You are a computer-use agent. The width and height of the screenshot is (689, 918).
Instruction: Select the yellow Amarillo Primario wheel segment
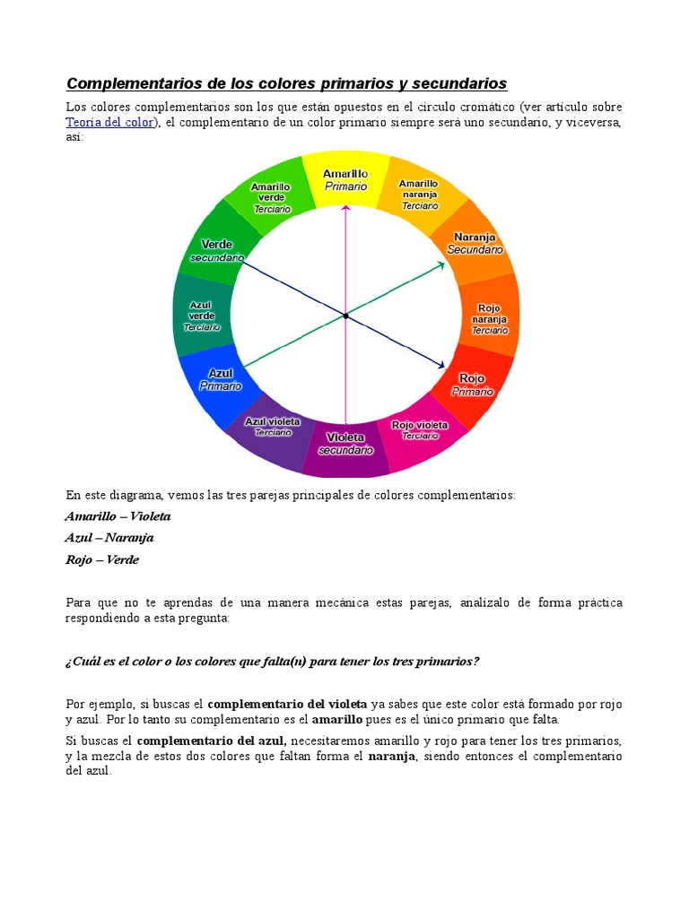coord(345,179)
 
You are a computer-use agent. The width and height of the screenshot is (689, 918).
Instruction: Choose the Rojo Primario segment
coord(472,384)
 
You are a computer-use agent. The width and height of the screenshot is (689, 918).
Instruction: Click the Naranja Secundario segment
coord(475,244)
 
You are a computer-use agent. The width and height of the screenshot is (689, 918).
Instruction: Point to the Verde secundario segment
coord(215,248)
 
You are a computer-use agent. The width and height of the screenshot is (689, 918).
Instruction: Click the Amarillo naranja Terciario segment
coord(419,194)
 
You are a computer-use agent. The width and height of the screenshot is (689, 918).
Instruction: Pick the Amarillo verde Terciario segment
coord(269,196)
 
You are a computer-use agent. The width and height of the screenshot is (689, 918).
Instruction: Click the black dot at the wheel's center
coord(345,315)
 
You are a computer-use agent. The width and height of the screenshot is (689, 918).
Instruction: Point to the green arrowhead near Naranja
coord(440,264)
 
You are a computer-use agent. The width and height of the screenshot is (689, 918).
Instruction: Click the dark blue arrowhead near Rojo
coord(440,365)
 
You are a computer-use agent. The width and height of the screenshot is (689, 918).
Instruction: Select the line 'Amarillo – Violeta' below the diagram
coord(118,516)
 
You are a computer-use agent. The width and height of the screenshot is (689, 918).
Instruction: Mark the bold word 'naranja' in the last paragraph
coord(392,757)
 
